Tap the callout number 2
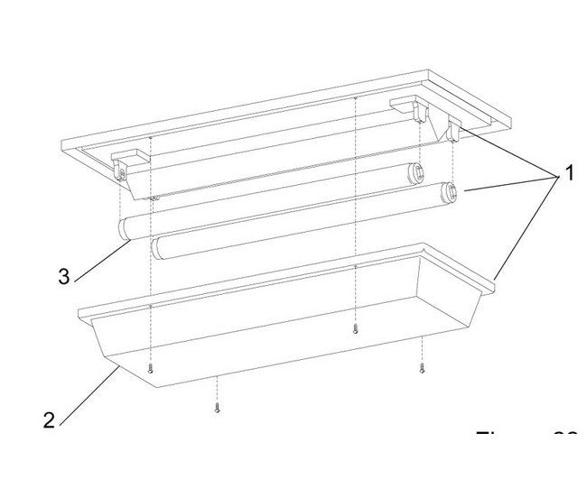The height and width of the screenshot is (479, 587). click(x=49, y=419)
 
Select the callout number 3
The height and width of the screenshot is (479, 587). click(x=63, y=277)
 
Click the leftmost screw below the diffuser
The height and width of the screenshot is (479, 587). click(x=151, y=369)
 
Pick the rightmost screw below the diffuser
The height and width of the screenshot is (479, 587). click(x=422, y=367)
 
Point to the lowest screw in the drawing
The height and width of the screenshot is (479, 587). click(x=218, y=407)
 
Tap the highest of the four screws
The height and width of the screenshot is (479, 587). click(x=355, y=328)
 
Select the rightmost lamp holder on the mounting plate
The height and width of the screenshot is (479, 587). click(x=452, y=131)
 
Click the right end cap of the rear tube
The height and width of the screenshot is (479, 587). click(x=417, y=171)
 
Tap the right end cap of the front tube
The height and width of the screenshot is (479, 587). click(x=448, y=191)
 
